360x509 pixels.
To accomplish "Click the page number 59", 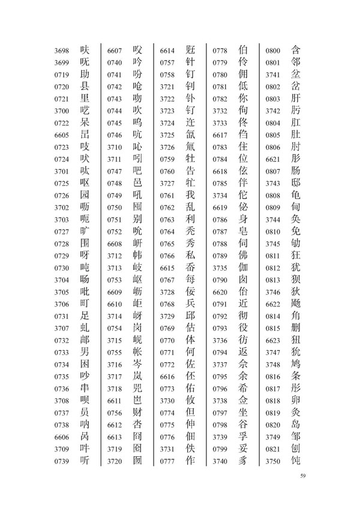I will (x=303, y=476).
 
